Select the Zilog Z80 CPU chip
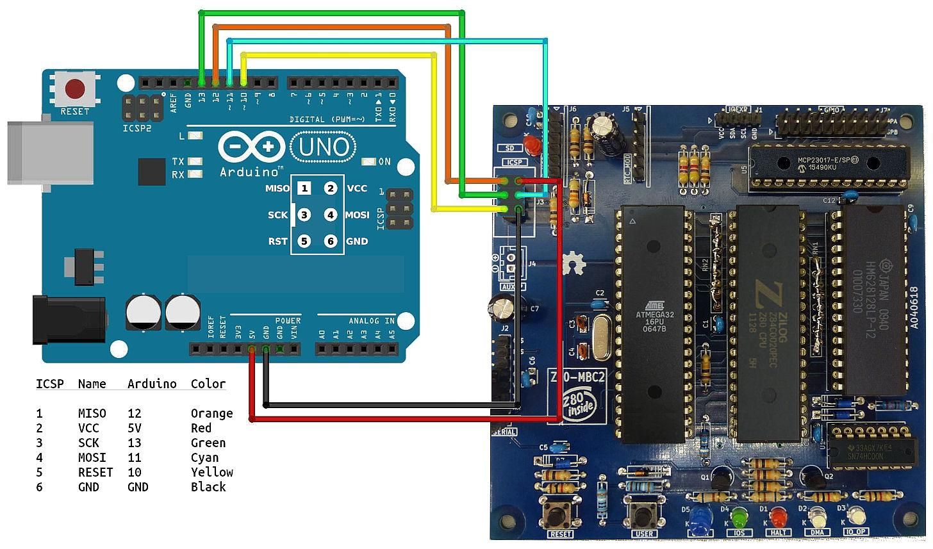(x=767, y=324)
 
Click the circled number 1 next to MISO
(x=304, y=188)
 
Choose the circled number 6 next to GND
(x=331, y=242)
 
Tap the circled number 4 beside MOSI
(x=331, y=215)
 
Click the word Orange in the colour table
(x=211, y=413)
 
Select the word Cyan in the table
(x=204, y=457)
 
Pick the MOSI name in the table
(x=92, y=457)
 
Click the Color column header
(x=208, y=384)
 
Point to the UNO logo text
(x=324, y=148)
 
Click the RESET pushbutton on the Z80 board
(x=559, y=513)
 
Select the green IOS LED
(x=739, y=516)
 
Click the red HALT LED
(x=778, y=516)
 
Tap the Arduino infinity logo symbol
(x=251, y=147)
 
